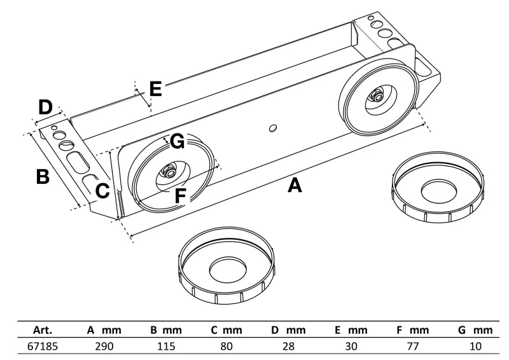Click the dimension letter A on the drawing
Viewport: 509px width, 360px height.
pyautogui.click(x=294, y=186)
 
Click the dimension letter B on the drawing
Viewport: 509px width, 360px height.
pyautogui.click(x=43, y=176)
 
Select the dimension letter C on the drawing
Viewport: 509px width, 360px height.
pyautogui.click(x=103, y=190)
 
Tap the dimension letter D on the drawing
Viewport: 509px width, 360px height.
pyautogui.click(x=45, y=107)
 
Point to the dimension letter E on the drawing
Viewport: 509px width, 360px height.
pyautogui.click(x=155, y=88)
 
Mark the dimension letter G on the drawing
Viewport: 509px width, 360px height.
pyautogui.click(x=178, y=141)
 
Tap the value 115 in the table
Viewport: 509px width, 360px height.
pyautogui.click(x=167, y=347)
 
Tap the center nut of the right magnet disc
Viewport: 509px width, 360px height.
pyautogui.click(x=375, y=97)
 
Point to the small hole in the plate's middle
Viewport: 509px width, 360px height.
pyautogui.click(x=272, y=128)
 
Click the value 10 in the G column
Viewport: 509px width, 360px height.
pyautogui.click(x=475, y=347)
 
